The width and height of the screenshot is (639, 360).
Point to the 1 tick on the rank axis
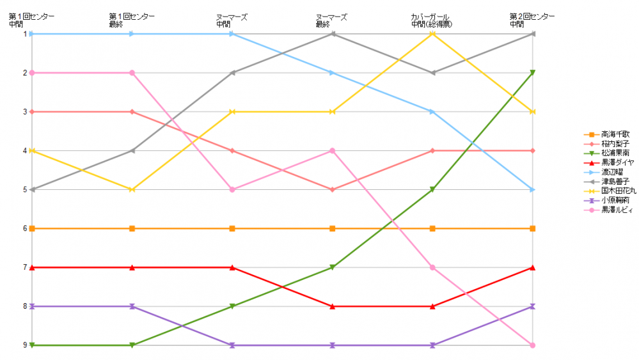pyautogui.click(x=25, y=34)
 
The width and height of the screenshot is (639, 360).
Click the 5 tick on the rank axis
pyautogui.click(x=25, y=190)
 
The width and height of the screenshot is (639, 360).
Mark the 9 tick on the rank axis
pyautogui.click(x=25, y=345)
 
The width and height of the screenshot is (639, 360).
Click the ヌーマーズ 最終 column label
pyautogui.click(x=331, y=20)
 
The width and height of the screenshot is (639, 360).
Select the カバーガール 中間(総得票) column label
pyautogui.click(x=433, y=20)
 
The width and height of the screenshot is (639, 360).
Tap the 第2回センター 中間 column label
pyautogui.click(x=532, y=20)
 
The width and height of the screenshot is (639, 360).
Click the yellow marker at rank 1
pyautogui.click(x=433, y=34)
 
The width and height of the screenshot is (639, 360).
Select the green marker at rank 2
pyautogui.click(x=533, y=73)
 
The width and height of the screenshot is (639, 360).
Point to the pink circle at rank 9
pyautogui.click(x=533, y=345)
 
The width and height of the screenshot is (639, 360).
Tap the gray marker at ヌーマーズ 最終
pyautogui.click(x=333, y=34)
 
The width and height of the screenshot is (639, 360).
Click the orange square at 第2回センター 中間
pyautogui.click(x=533, y=228)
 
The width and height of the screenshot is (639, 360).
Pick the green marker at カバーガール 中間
pyautogui.click(x=433, y=190)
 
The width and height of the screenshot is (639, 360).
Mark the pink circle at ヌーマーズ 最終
pyautogui.click(x=333, y=151)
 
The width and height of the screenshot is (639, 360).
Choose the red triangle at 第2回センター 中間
pyautogui.click(x=533, y=267)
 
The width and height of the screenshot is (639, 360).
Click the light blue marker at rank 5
pyautogui.click(x=533, y=190)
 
